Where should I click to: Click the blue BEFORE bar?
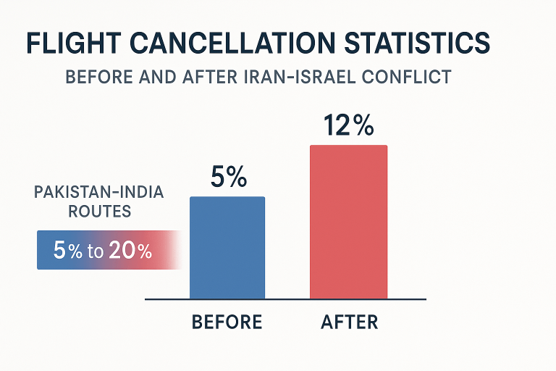pos(227,247)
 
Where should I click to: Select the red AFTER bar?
pos(348,222)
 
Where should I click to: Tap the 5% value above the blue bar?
pos(228,178)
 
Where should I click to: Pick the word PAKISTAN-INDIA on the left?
pos(99,193)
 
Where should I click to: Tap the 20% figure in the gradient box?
pos(131,251)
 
